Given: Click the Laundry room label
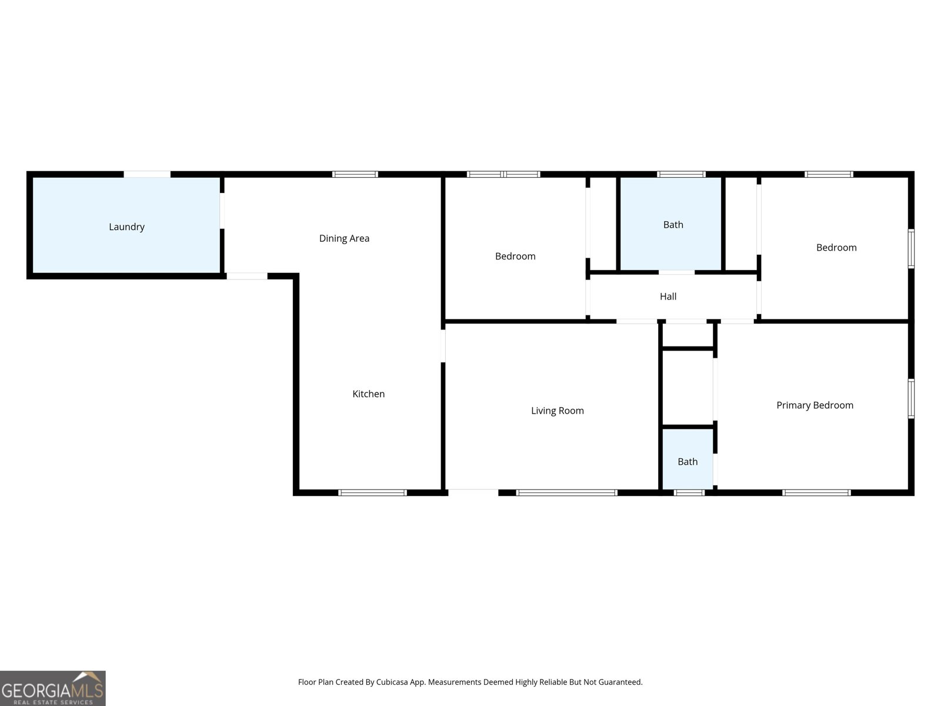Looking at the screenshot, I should [x=126, y=227].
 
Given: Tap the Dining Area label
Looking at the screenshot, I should [x=344, y=238].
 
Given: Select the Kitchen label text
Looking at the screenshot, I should [x=368, y=394].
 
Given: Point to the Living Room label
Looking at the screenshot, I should [x=557, y=411].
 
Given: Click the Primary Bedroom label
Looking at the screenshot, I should [x=815, y=405].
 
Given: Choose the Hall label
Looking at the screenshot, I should [x=668, y=297].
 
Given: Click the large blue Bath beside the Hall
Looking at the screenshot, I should [x=673, y=225].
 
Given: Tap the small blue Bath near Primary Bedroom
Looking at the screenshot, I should [x=687, y=462].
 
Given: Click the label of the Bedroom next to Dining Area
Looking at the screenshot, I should [x=515, y=257].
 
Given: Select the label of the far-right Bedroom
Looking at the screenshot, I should [x=836, y=248].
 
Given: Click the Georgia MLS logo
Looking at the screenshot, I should [x=52, y=688].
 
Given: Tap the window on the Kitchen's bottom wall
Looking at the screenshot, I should [x=372, y=492].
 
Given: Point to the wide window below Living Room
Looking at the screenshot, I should [x=566, y=492].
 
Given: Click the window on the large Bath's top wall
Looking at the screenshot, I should [x=681, y=174].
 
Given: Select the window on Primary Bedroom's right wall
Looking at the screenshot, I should [x=911, y=399].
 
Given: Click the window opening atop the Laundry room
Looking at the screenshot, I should [x=147, y=174].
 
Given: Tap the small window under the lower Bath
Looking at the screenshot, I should [x=689, y=492].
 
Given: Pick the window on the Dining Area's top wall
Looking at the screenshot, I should [x=355, y=174].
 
